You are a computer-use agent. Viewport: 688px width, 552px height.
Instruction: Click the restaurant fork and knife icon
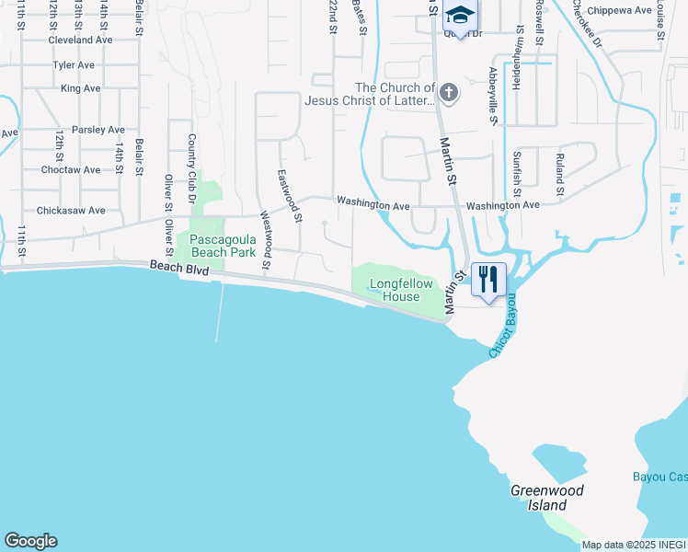[x=488, y=279]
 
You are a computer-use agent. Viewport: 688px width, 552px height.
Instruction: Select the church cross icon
[x=448, y=92]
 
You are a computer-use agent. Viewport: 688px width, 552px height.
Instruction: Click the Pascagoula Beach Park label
[x=223, y=246]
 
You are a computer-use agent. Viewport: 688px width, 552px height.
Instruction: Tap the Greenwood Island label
[x=547, y=498]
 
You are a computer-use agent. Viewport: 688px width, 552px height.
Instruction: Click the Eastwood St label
[x=289, y=196]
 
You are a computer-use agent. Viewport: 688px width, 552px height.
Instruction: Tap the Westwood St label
[x=265, y=240]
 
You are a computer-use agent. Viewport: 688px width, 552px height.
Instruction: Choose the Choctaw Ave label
[x=71, y=170]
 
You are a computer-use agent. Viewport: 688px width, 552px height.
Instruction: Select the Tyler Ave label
[x=75, y=65]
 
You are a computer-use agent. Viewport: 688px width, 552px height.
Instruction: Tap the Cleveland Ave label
[x=80, y=40]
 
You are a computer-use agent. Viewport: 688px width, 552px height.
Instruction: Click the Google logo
[x=30, y=541]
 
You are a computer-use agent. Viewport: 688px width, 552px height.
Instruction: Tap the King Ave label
[x=80, y=88]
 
